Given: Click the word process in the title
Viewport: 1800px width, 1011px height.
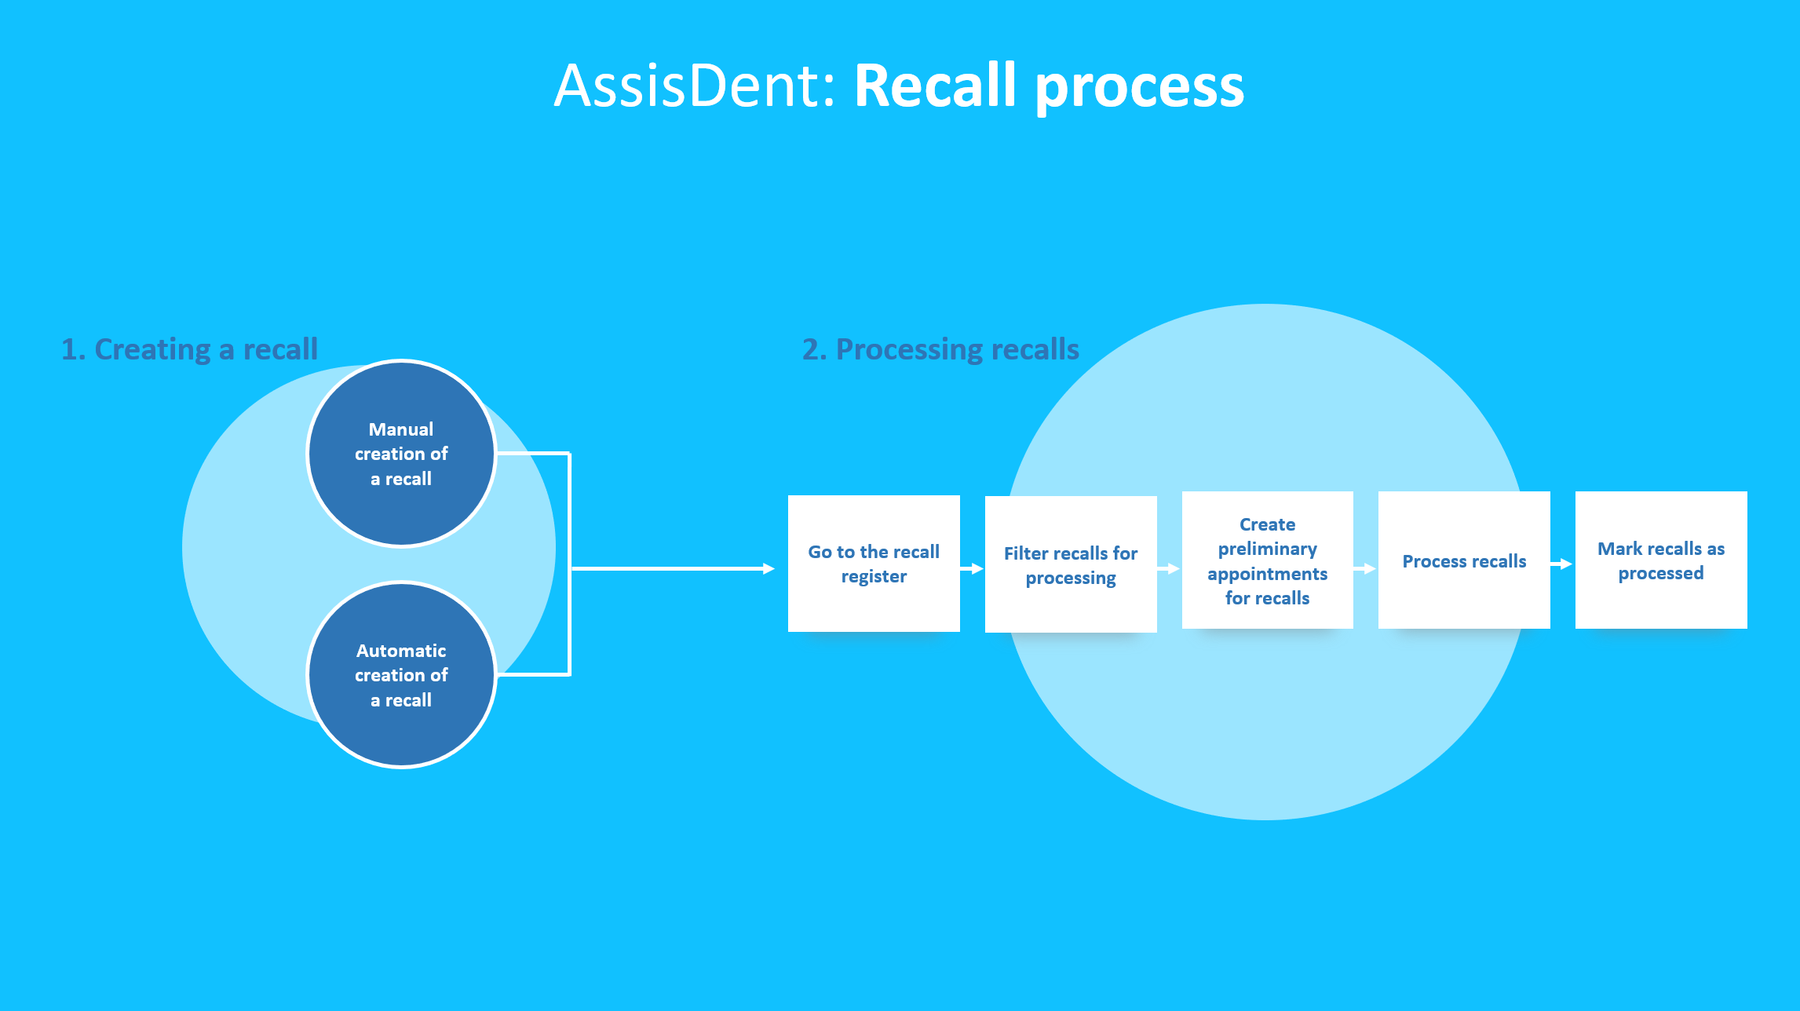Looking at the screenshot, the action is pos(1140,88).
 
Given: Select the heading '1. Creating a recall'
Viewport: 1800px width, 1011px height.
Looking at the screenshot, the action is pos(190,349).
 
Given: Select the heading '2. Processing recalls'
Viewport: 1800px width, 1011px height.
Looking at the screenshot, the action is pos(940,349).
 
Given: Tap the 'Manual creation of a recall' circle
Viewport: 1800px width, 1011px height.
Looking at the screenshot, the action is pos(401,453).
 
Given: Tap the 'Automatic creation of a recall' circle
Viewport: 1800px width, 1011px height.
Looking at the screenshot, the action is pos(401,674).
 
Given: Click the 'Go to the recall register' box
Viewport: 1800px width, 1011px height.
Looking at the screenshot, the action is pos(874,564).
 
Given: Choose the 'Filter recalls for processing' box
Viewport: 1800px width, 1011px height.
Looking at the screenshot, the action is pos(1071,564).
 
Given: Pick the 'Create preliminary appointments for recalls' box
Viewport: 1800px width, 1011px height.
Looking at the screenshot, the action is pos(1268,560).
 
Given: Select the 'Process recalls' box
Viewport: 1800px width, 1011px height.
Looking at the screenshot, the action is pos(1464,560).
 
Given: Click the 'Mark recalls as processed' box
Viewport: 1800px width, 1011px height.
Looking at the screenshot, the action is pos(1661,560).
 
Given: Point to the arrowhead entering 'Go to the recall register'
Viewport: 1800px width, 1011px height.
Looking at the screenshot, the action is pos(769,568).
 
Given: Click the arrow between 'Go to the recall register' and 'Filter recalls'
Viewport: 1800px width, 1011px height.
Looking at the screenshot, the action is pos(972,568).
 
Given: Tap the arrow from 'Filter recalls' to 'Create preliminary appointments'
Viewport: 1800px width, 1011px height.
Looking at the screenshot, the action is pos(1169,568).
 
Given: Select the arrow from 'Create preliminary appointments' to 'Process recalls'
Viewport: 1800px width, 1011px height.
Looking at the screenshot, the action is pos(1365,568).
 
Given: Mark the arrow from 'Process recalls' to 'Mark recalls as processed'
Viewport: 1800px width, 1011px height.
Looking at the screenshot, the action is pos(1562,564).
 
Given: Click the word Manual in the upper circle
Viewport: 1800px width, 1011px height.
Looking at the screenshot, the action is pos(401,429).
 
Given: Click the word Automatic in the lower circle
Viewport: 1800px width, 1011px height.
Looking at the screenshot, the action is pos(401,651).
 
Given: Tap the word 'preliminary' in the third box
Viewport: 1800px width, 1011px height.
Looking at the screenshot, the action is pos(1268,549).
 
